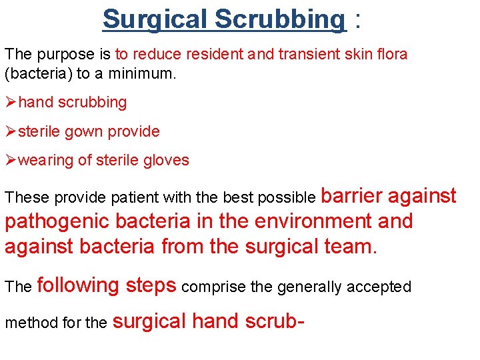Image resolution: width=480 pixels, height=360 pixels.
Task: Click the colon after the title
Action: (359, 20)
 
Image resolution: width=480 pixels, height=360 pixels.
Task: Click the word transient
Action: (309, 54)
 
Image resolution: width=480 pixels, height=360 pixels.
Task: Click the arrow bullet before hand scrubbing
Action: (11, 103)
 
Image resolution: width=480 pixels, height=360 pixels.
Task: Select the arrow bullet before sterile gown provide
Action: (11, 131)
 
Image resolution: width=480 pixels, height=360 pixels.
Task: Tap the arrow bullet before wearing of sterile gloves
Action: (11, 160)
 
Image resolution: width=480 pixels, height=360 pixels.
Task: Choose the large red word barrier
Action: (351, 195)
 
